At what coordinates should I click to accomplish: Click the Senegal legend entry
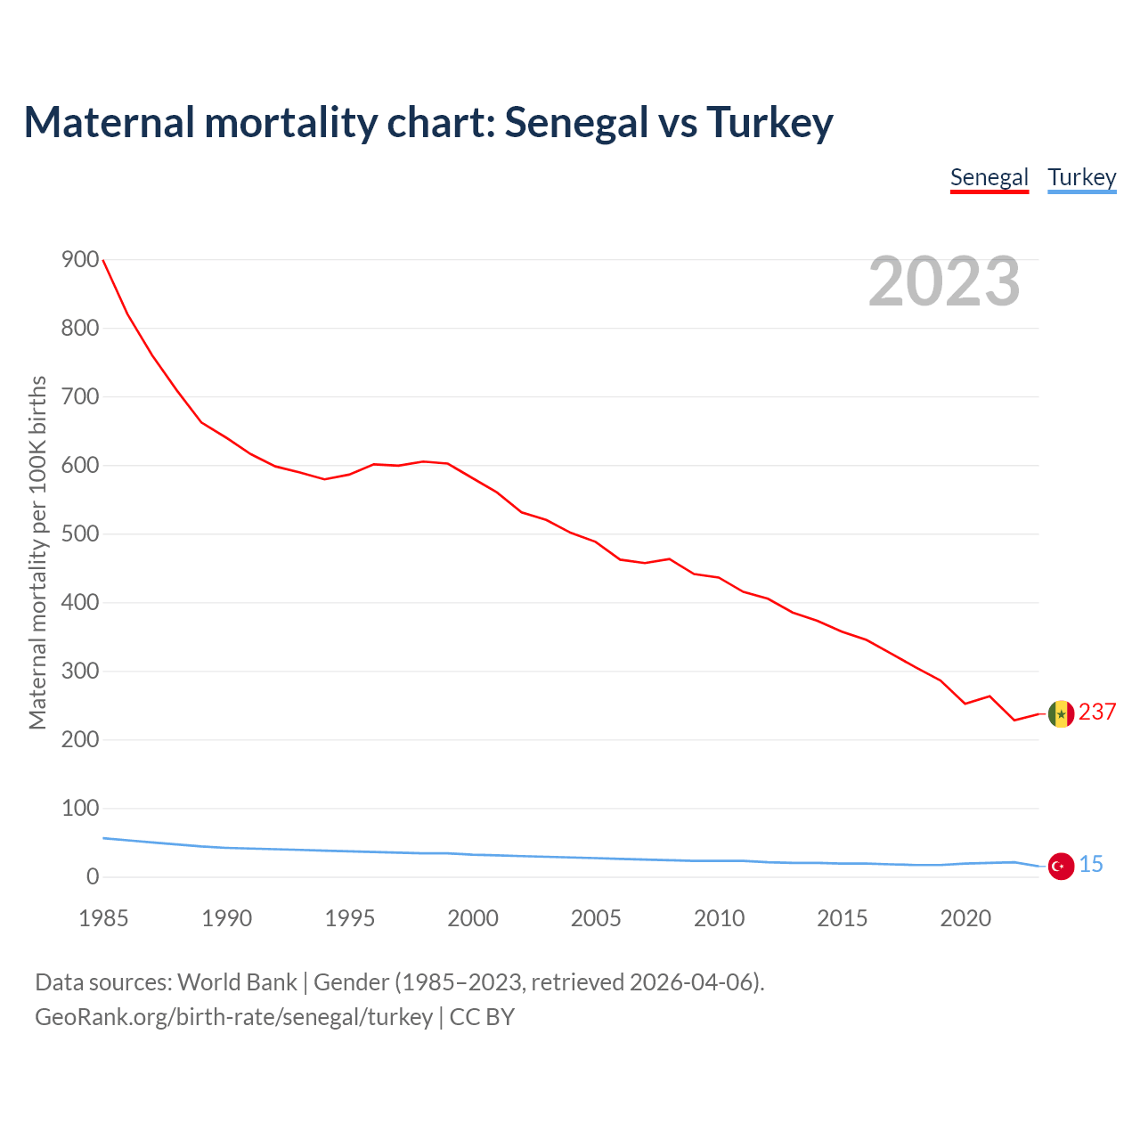[989, 177]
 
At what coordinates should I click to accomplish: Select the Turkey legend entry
[1081, 177]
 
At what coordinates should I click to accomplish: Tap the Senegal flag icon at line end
[1061, 713]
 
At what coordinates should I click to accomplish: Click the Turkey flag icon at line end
[1061, 866]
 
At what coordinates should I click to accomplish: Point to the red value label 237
[1097, 712]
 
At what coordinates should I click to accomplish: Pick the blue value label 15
[1091, 864]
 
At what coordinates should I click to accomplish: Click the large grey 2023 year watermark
[944, 281]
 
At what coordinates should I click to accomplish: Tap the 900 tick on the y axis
[80, 260]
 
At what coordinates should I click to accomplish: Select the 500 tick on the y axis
[80, 534]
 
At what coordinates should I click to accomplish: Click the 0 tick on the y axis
[93, 877]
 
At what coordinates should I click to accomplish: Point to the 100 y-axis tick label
[80, 809]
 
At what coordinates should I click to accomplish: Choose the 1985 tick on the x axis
[103, 918]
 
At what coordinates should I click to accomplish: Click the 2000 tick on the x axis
[473, 918]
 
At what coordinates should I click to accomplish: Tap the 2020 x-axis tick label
[965, 918]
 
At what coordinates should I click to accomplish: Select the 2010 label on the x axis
[719, 918]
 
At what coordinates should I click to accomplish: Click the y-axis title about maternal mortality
[37, 552]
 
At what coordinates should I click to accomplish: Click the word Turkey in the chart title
[769, 122]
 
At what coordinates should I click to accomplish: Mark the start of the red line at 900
[103, 260]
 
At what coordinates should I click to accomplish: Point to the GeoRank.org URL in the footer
[233, 1017]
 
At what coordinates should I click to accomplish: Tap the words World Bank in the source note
[237, 982]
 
